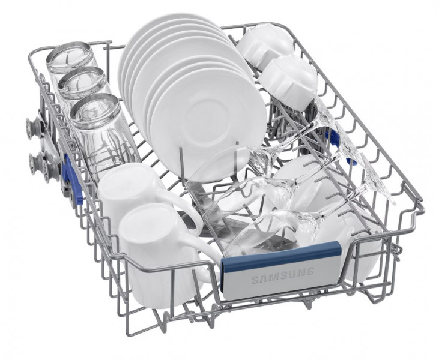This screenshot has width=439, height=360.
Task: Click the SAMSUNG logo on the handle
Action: tap(282, 275)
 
